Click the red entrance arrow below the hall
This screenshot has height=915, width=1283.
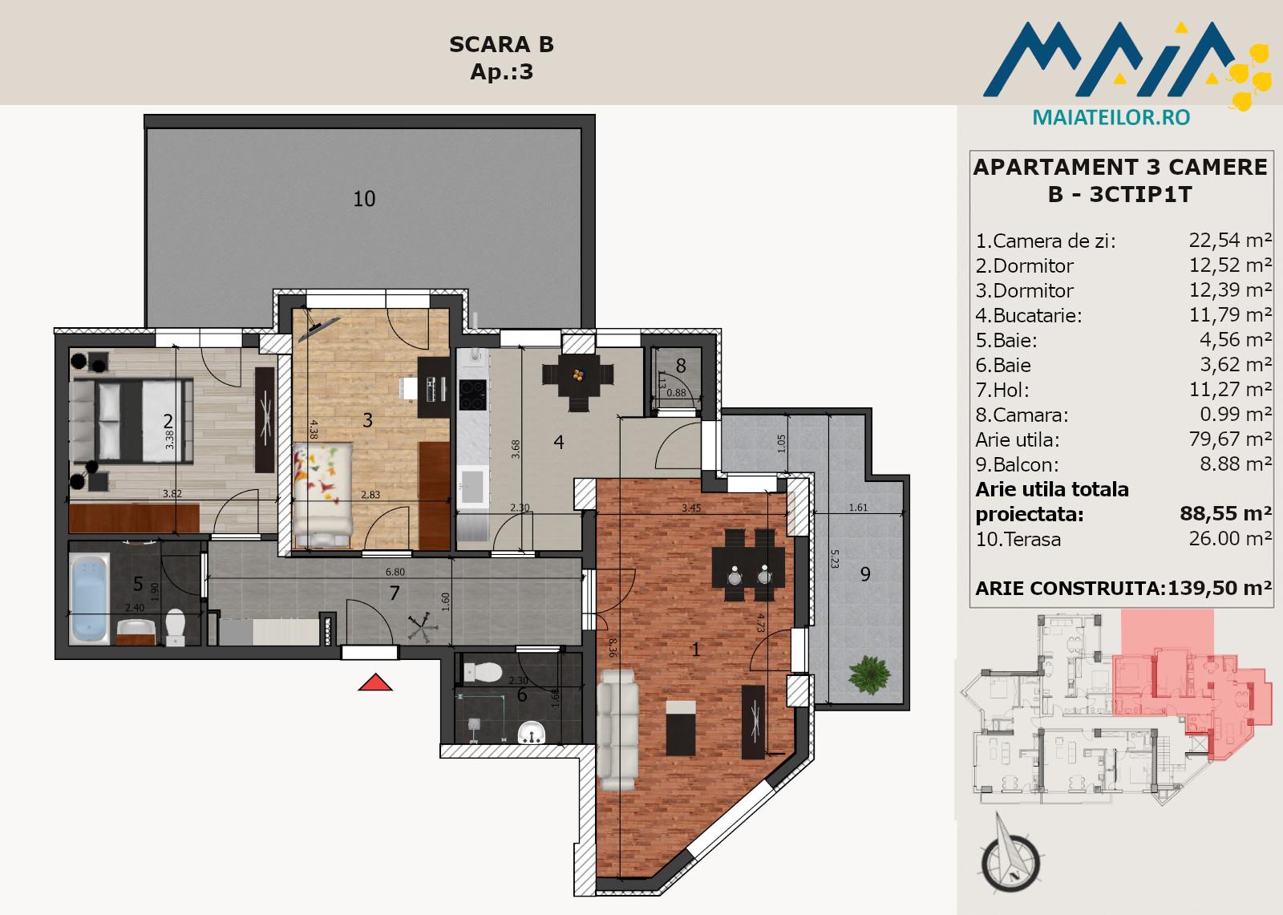(375, 682)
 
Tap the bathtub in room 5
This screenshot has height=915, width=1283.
(89, 598)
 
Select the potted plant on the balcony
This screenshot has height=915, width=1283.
(869, 675)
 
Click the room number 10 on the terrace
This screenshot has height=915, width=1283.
(364, 199)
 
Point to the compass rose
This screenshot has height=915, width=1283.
(1010, 856)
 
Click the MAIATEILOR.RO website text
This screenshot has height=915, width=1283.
(1111, 117)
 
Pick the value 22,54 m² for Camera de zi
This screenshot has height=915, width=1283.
(1230, 240)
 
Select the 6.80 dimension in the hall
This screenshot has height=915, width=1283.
(395, 572)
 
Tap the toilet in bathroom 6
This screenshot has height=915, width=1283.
(483, 672)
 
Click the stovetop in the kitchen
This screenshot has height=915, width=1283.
(473, 395)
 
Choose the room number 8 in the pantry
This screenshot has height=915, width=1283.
(681, 366)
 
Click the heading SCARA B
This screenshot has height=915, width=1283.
(502, 45)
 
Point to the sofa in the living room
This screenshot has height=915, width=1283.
(617, 731)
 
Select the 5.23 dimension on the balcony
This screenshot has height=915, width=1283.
(835, 559)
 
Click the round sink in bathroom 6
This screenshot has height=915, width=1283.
(532, 733)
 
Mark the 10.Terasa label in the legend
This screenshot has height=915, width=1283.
(1018, 540)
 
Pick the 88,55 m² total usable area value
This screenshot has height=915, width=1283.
(1226, 514)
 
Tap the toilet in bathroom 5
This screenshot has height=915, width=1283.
(175, 626)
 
